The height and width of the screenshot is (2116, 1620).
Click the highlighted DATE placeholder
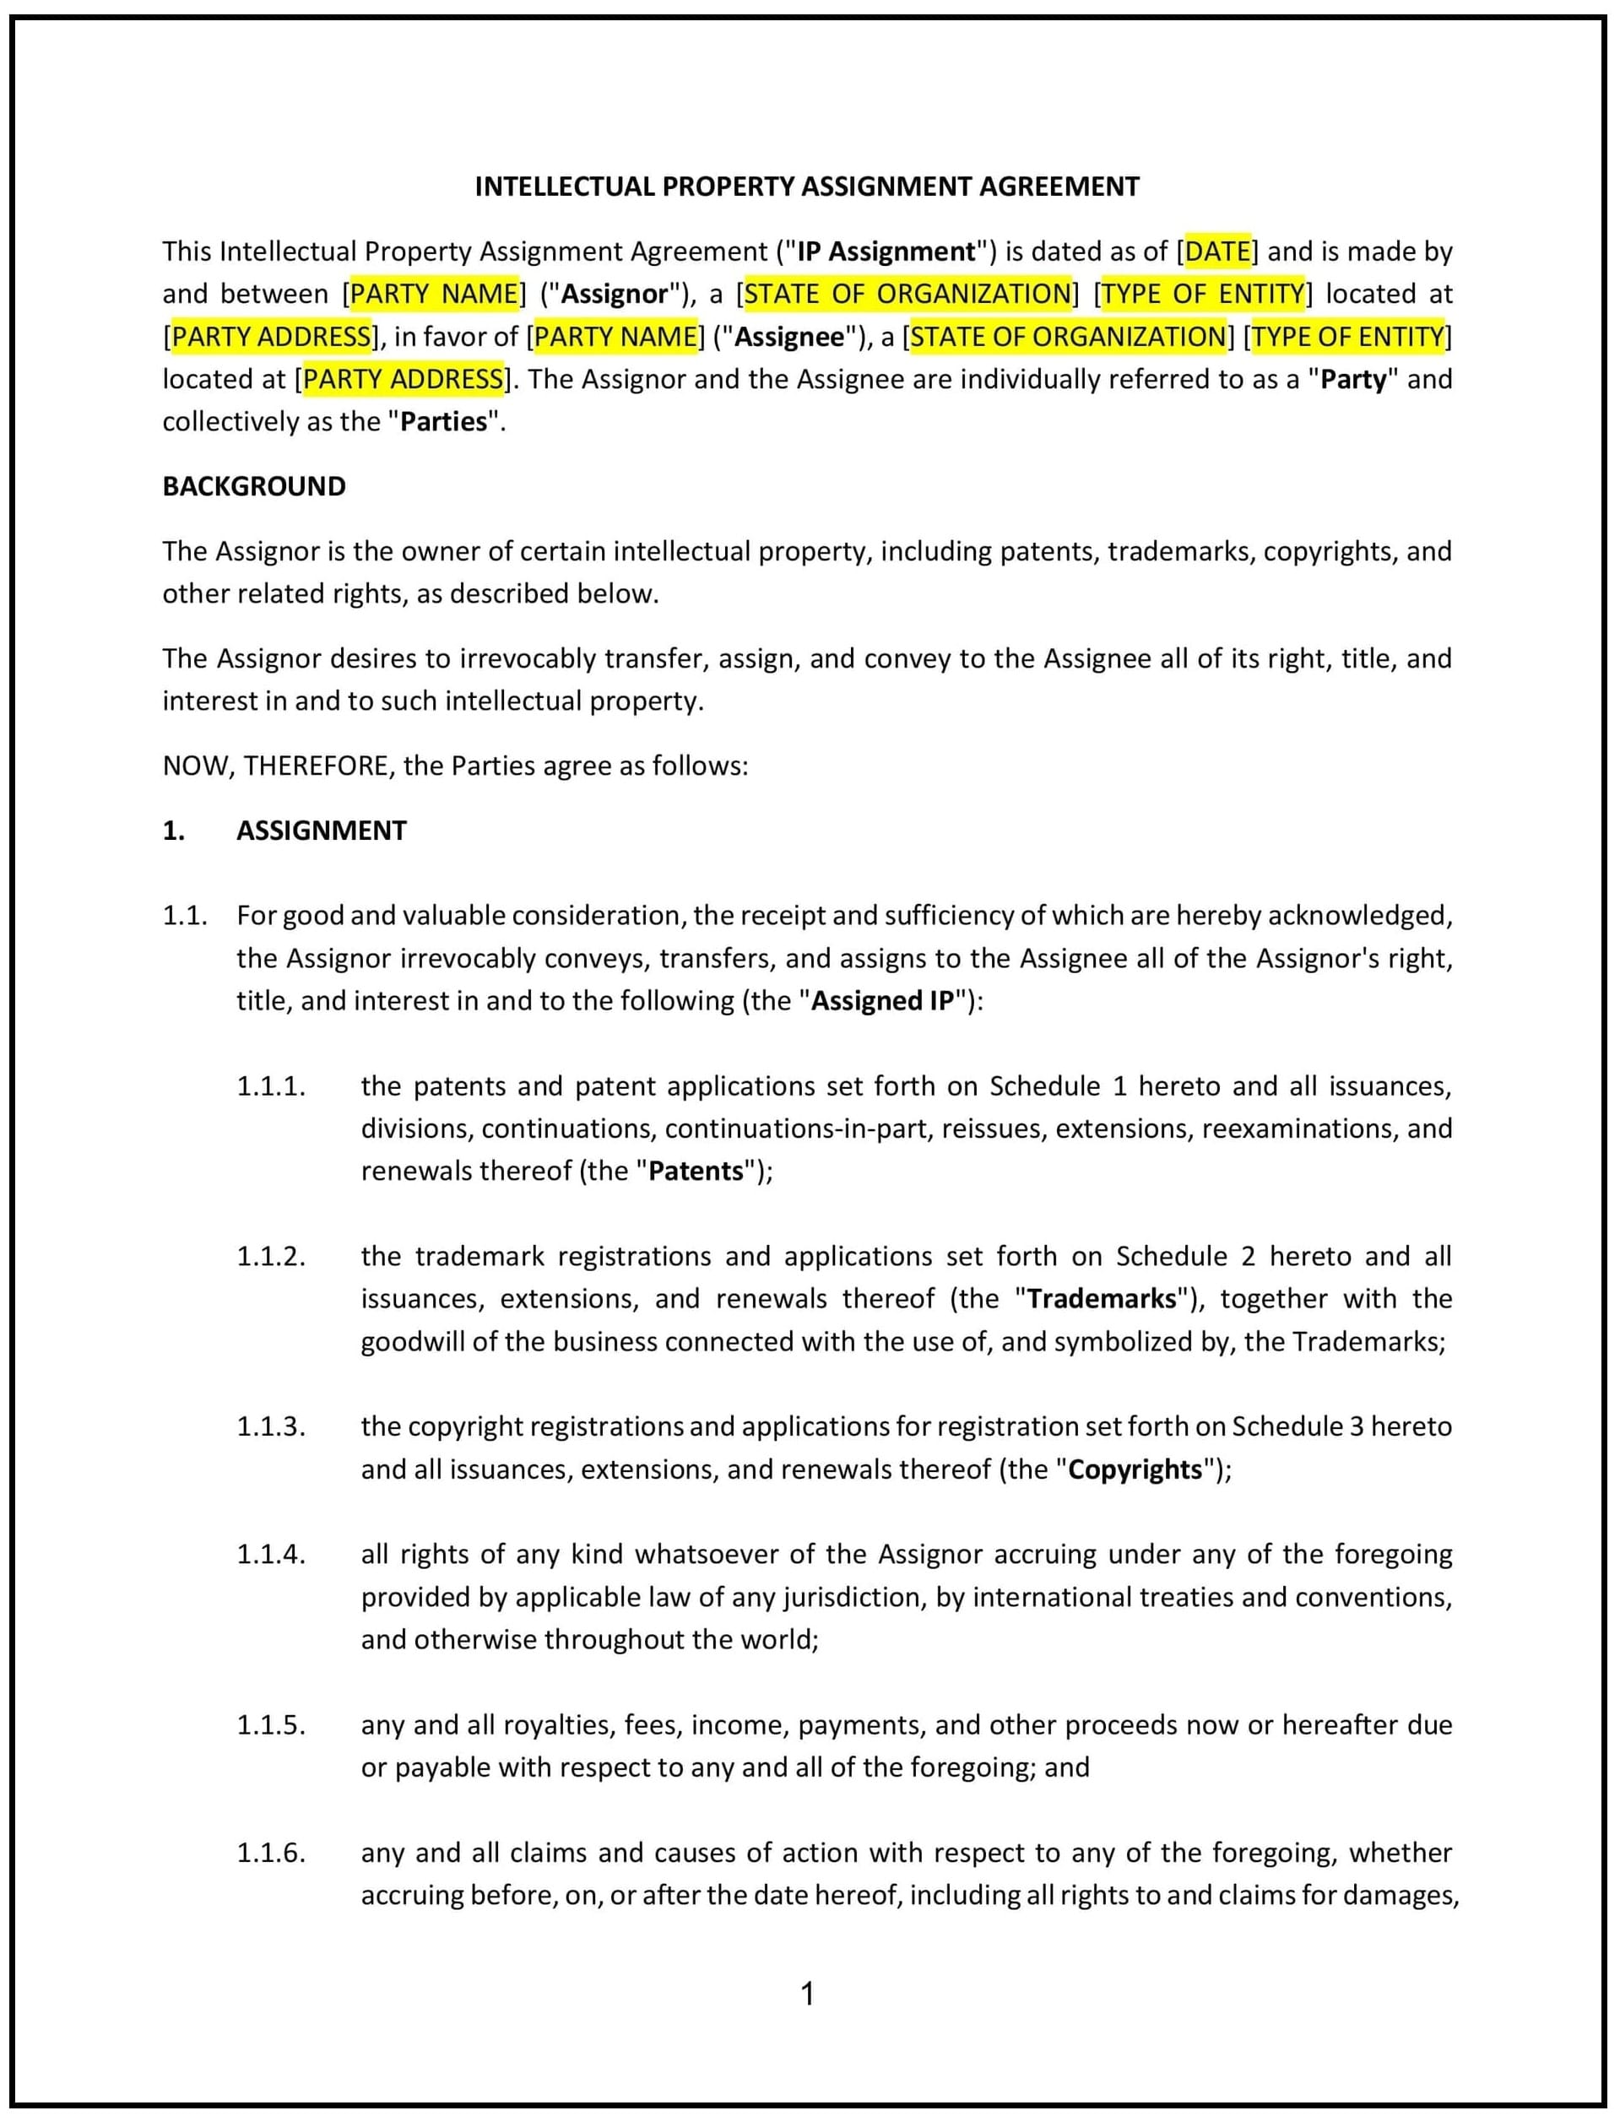(x=1218, y=252)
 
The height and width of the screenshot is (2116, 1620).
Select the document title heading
(x=807, y=187)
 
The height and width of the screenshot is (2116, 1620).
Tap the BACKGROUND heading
(x=253, y=487)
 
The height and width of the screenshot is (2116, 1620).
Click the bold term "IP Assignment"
(x=886, y=252)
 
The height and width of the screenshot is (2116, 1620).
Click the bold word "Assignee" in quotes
(x=790, y=337)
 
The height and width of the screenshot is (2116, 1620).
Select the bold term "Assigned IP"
(x=882, y=1001)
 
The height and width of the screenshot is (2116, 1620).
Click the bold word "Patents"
(x=696, y=1172)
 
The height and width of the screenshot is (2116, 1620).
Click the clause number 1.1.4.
(x=271, y=1554)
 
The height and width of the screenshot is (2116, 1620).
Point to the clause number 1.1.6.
(x=271, y=1853)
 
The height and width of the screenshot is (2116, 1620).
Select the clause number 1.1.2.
(x=271, y=1256)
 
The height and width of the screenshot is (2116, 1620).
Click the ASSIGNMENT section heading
(x=321, y=831)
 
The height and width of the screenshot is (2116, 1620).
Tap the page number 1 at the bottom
(x=808, y=1994)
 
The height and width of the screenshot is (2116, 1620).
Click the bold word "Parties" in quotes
(x=443, y=422)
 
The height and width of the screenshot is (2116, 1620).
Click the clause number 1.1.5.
(x=271, y=1724)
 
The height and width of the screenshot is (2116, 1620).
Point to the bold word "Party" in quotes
(x=1353, y=380)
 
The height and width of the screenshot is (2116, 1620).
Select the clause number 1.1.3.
(x=271, y=1426)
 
